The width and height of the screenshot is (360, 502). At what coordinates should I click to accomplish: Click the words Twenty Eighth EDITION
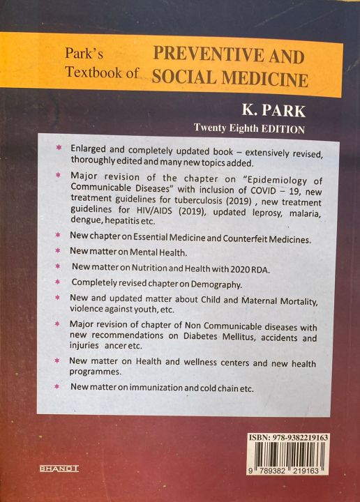[250, 129]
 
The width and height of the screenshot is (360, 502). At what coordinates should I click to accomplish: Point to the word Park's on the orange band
[84, 52]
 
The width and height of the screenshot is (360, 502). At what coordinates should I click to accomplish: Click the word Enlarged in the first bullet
[89, 149]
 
